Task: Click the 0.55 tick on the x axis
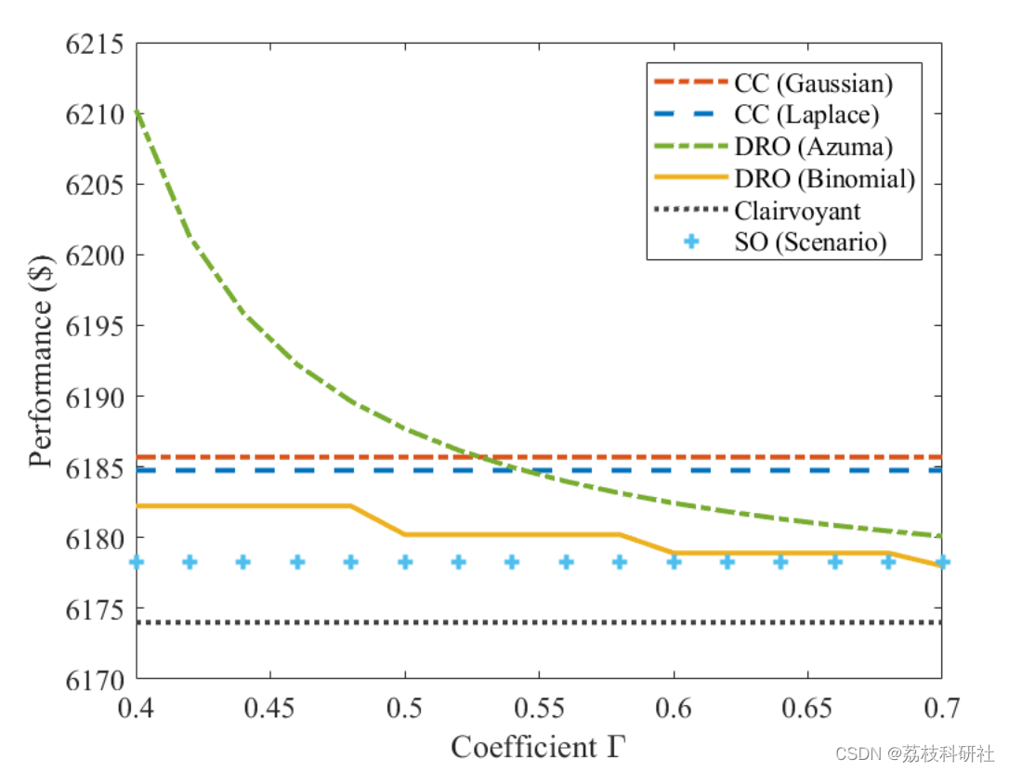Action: coord(539,709)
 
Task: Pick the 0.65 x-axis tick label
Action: coord(806,709)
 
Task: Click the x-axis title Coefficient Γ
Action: coord(540,746)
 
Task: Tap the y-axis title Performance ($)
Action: coord(42,361)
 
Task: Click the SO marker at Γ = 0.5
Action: coord(405,562)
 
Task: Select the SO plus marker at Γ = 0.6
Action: coord(674,562)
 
